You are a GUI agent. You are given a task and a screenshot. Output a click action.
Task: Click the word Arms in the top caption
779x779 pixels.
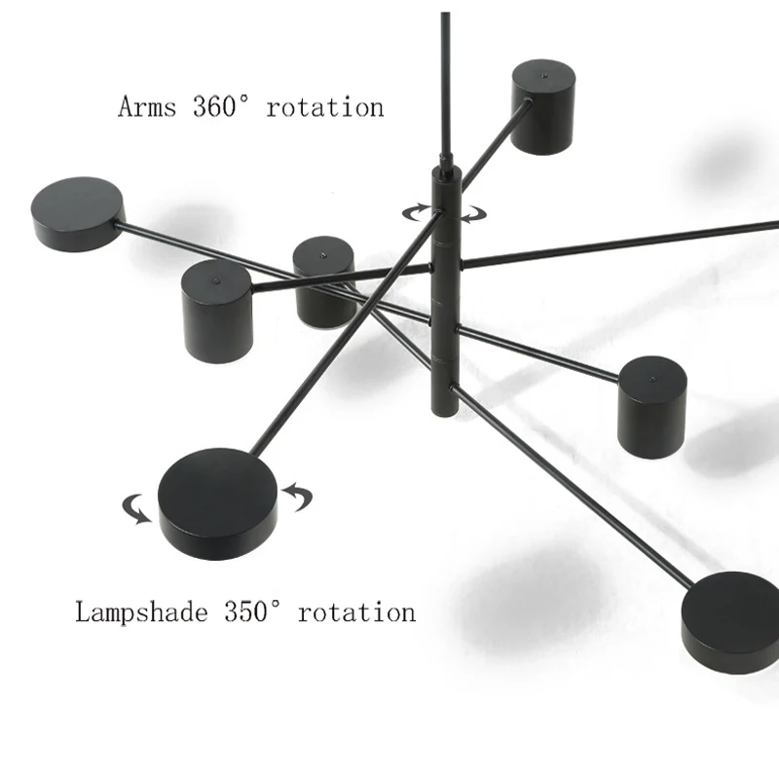tap(148, 106)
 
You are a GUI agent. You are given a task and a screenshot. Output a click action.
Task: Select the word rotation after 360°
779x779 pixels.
tap(325, 106)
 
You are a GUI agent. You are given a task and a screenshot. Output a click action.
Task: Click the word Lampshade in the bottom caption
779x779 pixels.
tap(142, 612)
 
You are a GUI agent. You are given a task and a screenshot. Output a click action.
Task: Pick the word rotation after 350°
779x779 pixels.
tap(356, 612)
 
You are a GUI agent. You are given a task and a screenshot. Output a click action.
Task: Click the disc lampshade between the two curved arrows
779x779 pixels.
tap(218, 501)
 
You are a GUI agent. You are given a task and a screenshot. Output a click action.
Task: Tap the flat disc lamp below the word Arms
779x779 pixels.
tap(78, 212)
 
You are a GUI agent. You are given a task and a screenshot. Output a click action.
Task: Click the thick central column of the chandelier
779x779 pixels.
tap(444, 292)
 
